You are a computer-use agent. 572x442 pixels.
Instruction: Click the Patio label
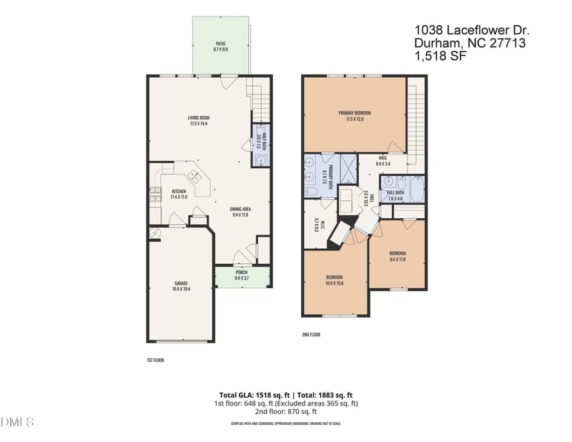[x=220, y=47]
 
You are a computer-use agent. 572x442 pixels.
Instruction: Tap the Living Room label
[x=198, y=121]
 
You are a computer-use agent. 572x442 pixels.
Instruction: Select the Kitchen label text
[x=179, y=194]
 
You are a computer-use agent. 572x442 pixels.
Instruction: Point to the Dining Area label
[x=240, y=211]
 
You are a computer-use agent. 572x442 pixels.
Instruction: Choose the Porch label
[x=241, y=275]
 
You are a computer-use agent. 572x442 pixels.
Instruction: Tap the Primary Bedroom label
[x=355, y=116]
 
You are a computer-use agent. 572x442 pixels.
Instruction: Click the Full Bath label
[x=395, y=195]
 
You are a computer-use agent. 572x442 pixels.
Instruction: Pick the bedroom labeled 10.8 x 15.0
[x=335, y=280]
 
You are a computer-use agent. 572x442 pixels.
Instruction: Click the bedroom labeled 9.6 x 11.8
[x=398, y=256]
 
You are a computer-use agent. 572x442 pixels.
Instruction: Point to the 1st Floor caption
[x=155, y=360]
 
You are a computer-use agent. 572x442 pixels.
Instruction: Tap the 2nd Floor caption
[x=311, y=334]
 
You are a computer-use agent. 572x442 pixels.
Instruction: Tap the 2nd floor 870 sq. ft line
[x=285, y=412]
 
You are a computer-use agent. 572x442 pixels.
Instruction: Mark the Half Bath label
[x=260, y=137]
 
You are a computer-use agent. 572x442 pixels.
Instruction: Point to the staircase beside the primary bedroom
[x=415, y=114]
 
